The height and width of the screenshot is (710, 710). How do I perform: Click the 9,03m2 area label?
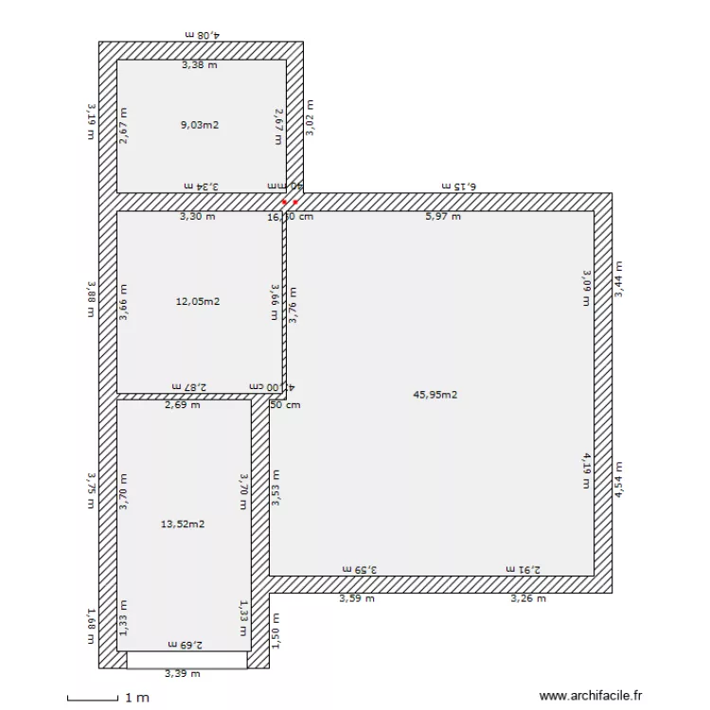[199, 124]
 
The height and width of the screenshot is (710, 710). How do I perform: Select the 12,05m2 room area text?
[198, 302]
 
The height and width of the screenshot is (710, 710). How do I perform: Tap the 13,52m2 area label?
[184, 524]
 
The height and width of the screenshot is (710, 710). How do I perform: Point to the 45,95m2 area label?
[435, 395]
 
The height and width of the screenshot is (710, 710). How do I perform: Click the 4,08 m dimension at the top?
[202, 34]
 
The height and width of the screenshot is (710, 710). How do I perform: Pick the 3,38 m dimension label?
[199, 65]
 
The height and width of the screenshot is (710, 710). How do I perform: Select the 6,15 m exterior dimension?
[461, 186]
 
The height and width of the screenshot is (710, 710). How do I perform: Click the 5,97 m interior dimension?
[442, 217]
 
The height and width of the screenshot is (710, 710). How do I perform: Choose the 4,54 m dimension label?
[619, 479]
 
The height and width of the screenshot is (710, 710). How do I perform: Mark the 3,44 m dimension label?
[619, 280]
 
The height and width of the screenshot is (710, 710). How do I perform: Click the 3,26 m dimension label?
[527, 598]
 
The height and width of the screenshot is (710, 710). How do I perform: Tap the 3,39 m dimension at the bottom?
[182, 674]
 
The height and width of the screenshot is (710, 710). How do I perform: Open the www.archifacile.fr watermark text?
[590, 695]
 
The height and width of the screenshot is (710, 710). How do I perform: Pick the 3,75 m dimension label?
[91, 490]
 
